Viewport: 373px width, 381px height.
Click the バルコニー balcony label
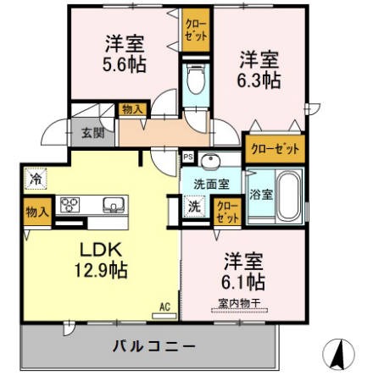click(148, 345)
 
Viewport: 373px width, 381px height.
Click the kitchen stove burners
click(70, 205)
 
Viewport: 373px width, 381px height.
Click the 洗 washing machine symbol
click(194, 205)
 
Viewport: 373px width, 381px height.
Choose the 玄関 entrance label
click(92, 132)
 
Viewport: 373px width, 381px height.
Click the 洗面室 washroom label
click(212, 182)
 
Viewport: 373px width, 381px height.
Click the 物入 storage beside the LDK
click(36, 212)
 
